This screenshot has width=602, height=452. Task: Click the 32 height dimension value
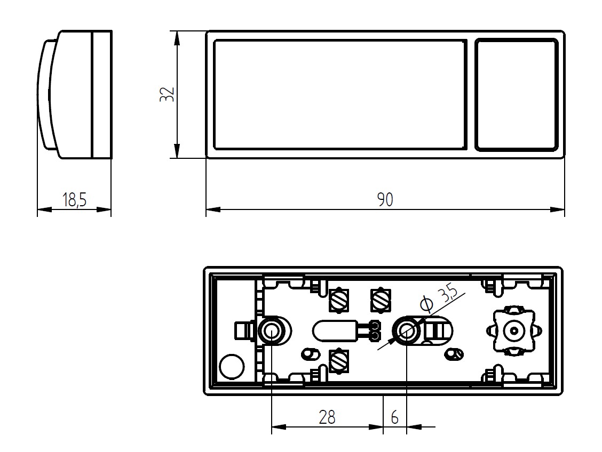[x=168, y=94]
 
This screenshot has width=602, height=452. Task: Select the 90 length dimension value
[x=385, y=200]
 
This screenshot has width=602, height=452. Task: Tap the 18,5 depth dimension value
[x=74, y=200]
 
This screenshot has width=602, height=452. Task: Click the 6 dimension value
[x=394, y=417]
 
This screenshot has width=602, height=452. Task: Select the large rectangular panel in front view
[x=340, y=94]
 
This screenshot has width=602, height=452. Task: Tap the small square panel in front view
[x=516, y=94]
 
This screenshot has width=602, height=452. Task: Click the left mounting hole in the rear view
[x=271, y=332]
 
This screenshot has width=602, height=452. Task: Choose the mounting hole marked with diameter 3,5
[x=406, y=331]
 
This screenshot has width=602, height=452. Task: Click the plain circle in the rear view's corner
[x=232, y=367]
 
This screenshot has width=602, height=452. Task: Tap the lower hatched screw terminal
[x=339, y=361]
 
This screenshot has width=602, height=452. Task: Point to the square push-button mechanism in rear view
[x=512, y=331]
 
